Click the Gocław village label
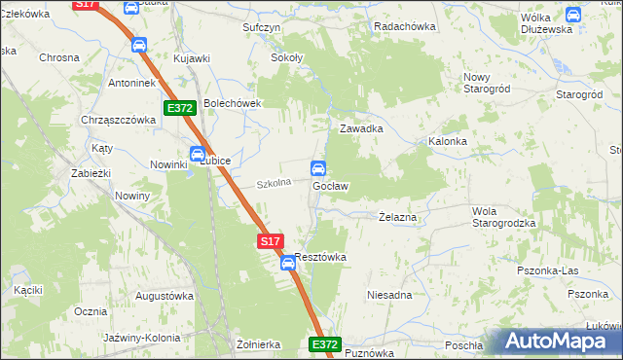(330, 185)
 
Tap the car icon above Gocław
(318, 167)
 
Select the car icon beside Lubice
(198, 153)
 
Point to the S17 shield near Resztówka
(272, 239)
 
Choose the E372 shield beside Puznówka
(326, 344)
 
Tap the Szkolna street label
(275, 183)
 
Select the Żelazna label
(397, 218)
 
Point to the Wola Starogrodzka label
(503, 217)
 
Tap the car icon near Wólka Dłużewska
(572, 15)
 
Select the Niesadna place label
(389, 294)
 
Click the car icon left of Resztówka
(288, 263)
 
